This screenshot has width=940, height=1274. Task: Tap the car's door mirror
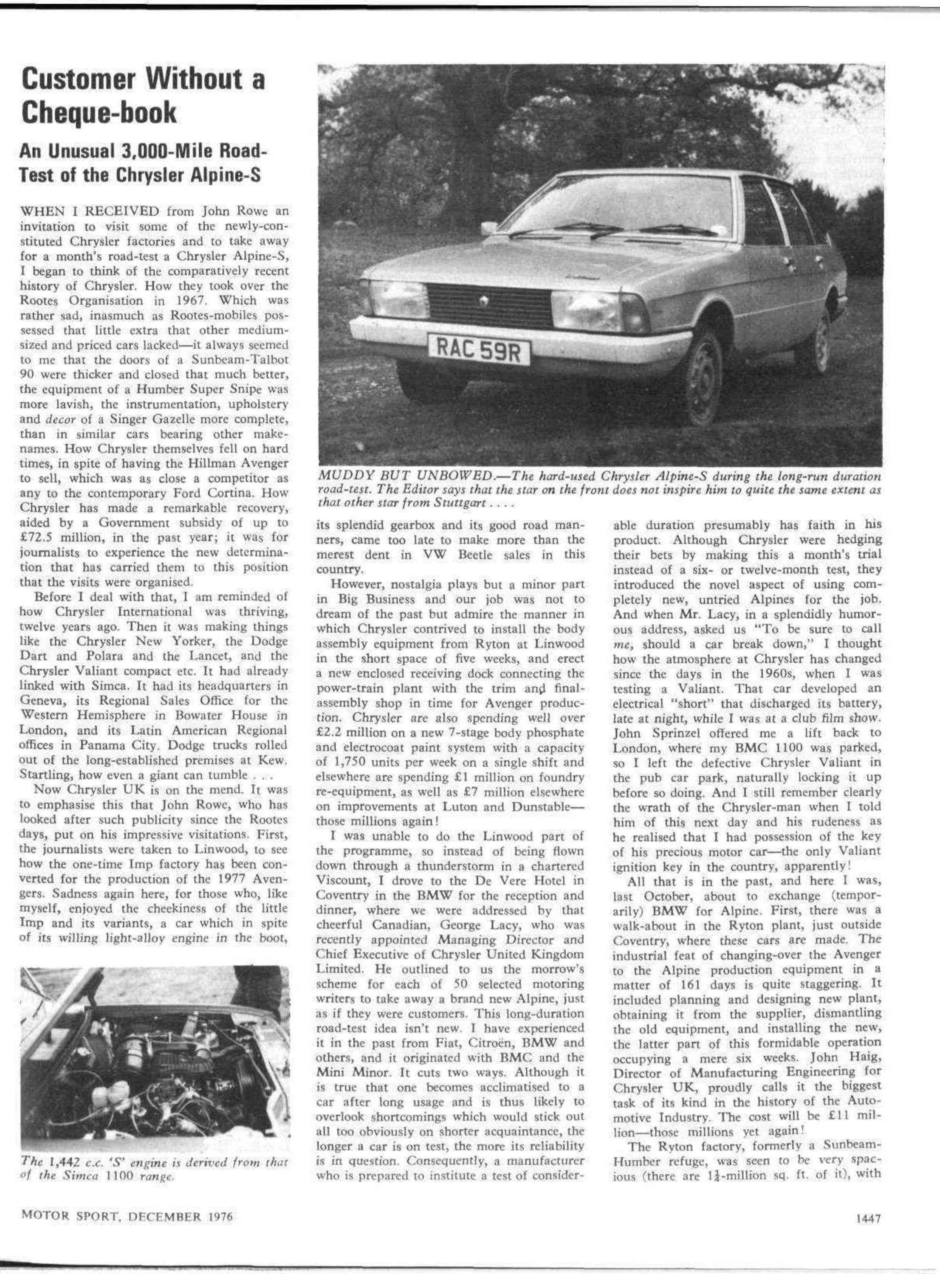coord(488,228)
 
